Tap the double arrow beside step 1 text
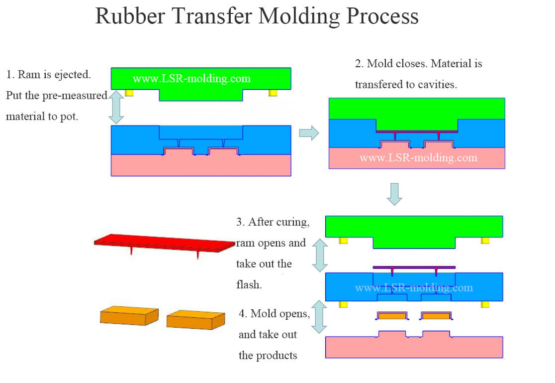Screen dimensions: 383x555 115,107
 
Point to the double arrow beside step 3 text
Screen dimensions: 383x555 319,255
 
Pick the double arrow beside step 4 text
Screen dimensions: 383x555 319,317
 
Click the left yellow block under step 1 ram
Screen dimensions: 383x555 129,93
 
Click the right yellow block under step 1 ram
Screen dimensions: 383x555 273,93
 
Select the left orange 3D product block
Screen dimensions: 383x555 129,316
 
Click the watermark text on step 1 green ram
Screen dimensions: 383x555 191,79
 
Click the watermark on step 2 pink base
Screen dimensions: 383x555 418,158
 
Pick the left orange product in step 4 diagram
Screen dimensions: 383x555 391,316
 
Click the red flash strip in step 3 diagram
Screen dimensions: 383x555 414,267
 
